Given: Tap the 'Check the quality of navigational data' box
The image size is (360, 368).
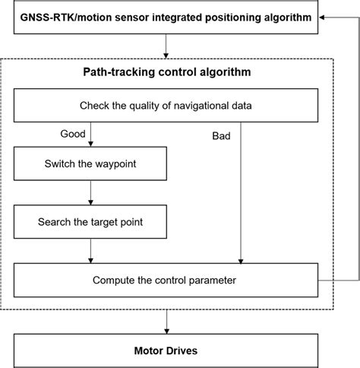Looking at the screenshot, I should (165, 105).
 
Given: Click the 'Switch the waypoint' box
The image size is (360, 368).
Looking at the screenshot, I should (90, 163).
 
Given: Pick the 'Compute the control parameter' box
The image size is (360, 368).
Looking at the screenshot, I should (165, 280).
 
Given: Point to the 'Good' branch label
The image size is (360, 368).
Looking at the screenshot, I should (73, 134).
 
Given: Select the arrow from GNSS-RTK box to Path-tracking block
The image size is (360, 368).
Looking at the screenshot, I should (166, 50).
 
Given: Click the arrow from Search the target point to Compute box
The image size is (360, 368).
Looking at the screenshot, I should (90, 251).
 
